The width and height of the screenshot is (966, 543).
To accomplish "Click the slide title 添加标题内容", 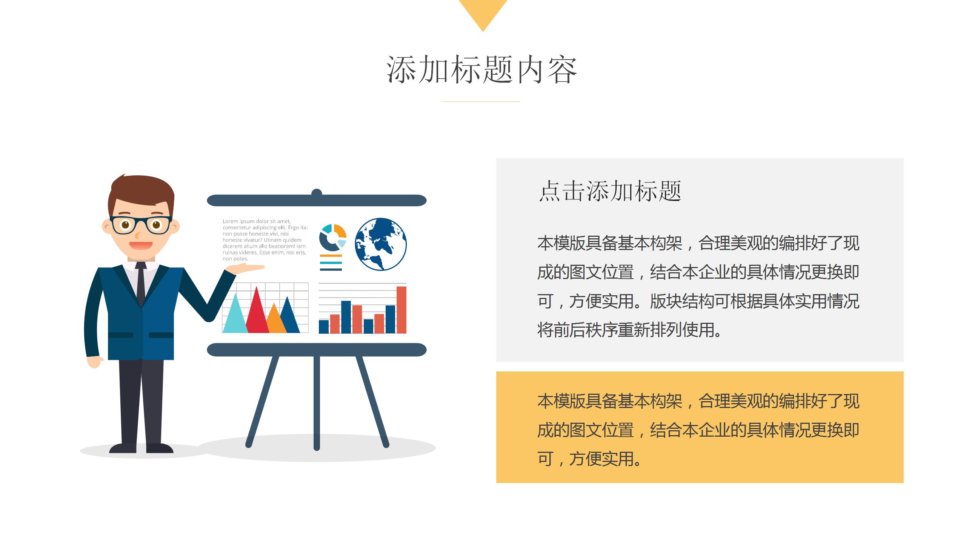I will [x=482, y=70].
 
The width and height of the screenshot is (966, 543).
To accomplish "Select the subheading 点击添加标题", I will [x=609, y=191].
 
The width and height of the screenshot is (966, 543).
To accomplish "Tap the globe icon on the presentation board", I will [x=380, y=244].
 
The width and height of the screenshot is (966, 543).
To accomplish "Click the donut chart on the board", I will [x=332, y=238].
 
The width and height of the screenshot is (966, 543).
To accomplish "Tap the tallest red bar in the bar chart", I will [x=401, y=310].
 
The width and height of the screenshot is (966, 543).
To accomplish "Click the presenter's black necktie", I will [x=141, y=283].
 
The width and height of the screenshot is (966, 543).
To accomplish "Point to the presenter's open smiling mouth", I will [x=141, y=245].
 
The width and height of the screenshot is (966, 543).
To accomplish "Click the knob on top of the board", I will [x=317, y=193].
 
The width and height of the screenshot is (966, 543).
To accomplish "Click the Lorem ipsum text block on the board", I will [x=265, y=240].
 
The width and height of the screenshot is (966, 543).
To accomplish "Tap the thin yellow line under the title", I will [x=481, y=101].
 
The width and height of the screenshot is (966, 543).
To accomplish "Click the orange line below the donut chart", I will [x=331, y=256].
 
